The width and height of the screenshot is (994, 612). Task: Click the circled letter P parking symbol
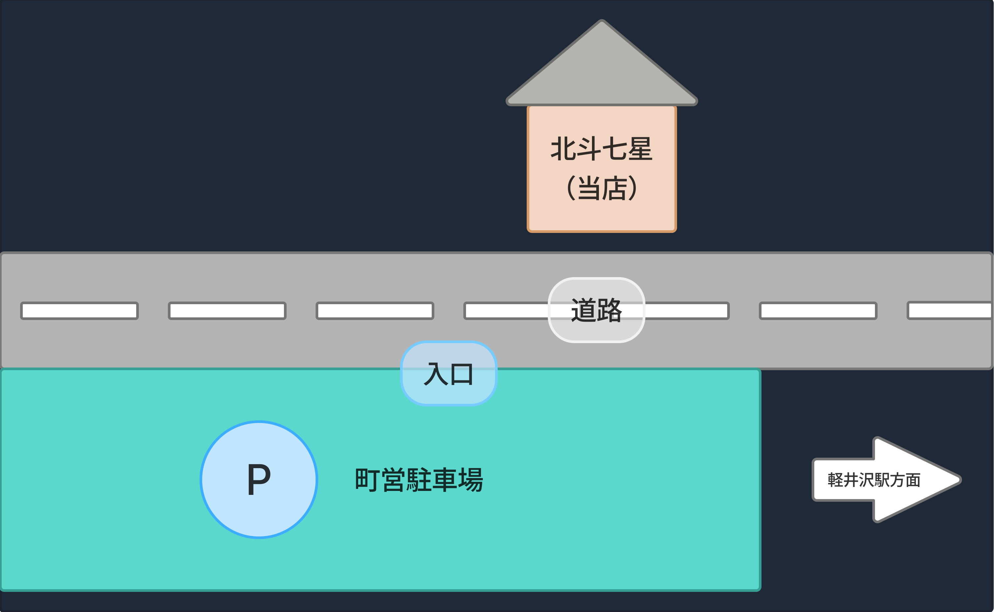pyautogui.click(x=259, y=480)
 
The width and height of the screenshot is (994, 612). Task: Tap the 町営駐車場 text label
pyautogui.click(x=419, y=480)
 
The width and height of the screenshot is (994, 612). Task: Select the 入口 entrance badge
pyautogui.click(x=448, y=373)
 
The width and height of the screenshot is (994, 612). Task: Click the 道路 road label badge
pyautogui.click(x=596, y=310)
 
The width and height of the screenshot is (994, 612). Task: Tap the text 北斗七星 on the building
pyautogui.click(x=601, y=148)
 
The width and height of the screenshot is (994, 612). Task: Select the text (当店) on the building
pyautogui.click(x=601, y=188)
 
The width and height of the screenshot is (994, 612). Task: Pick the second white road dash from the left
pyautogui.click(x=227, y=310)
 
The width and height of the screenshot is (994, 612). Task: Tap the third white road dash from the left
pyautogui.click(x=375, y=310)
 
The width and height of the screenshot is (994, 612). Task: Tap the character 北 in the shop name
pyautogui.click(x=563, y=148)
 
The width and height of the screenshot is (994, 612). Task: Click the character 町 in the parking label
pyautogui.click(x=367, y=480)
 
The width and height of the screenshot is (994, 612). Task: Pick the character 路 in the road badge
pyautogui.click(x=609, y=310)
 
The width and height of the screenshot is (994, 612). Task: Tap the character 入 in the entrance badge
pyautogui.click(x=435, y=373)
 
